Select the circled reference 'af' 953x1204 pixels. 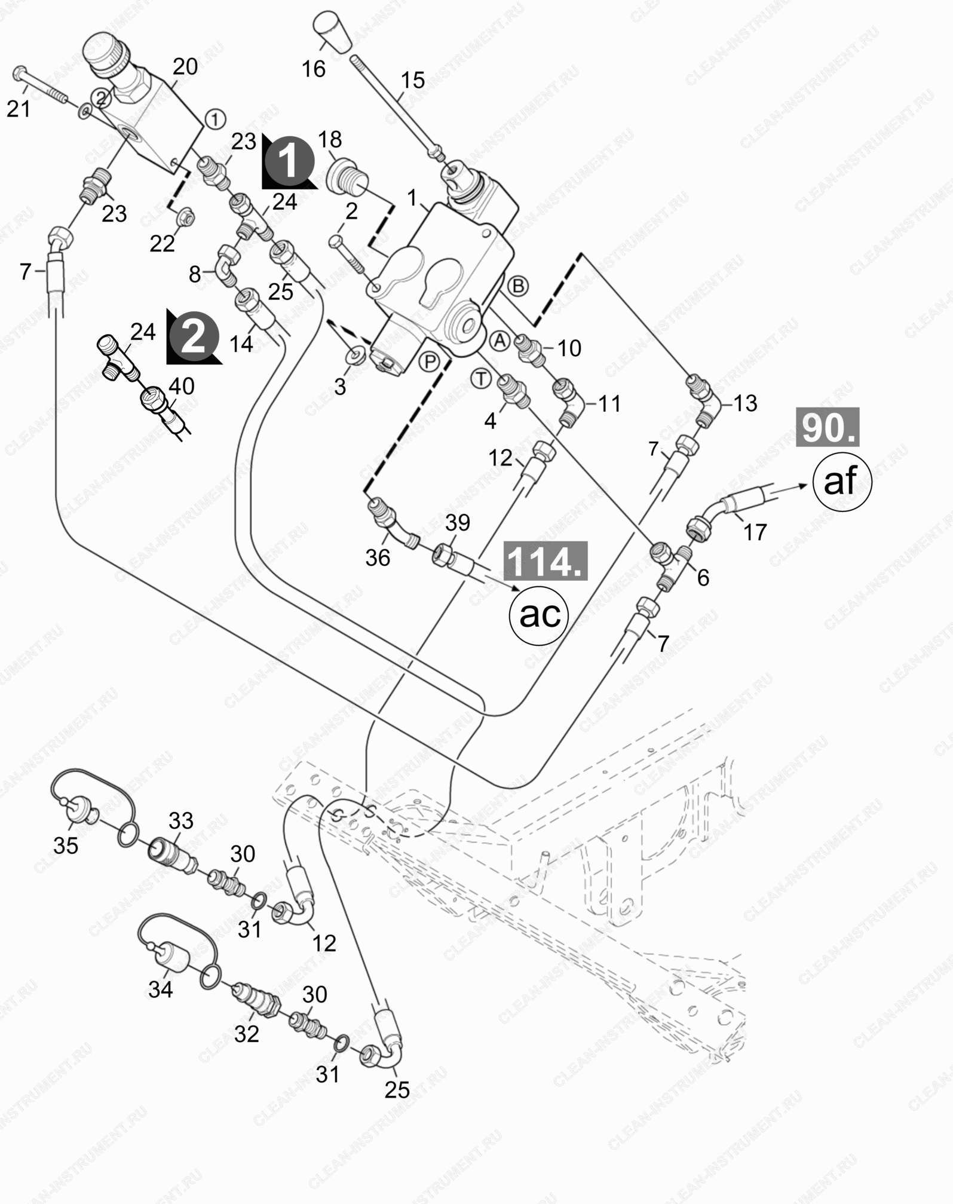[x=842, y=480]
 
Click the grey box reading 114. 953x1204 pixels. [x=546, y=561]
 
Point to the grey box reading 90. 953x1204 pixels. [x=828, y=427]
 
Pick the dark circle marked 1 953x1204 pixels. [x=289, y=161]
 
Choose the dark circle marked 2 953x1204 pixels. [x=194, y=338]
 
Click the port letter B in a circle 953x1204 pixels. [x=518, y=286]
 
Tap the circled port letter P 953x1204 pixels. [x=429, y=362]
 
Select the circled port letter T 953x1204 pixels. [x=481, y=379]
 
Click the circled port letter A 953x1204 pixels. [x=500, y=341]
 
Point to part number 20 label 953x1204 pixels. [x=185, y=66]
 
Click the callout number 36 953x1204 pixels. [x=378, y=557]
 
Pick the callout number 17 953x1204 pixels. [x=755, y=532]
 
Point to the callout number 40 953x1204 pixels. [x=182, y=386]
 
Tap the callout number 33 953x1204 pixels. [x=181, y=820]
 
